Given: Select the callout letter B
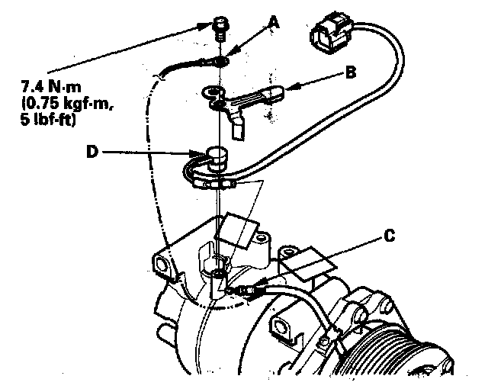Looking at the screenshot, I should click(x=350, y=73).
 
